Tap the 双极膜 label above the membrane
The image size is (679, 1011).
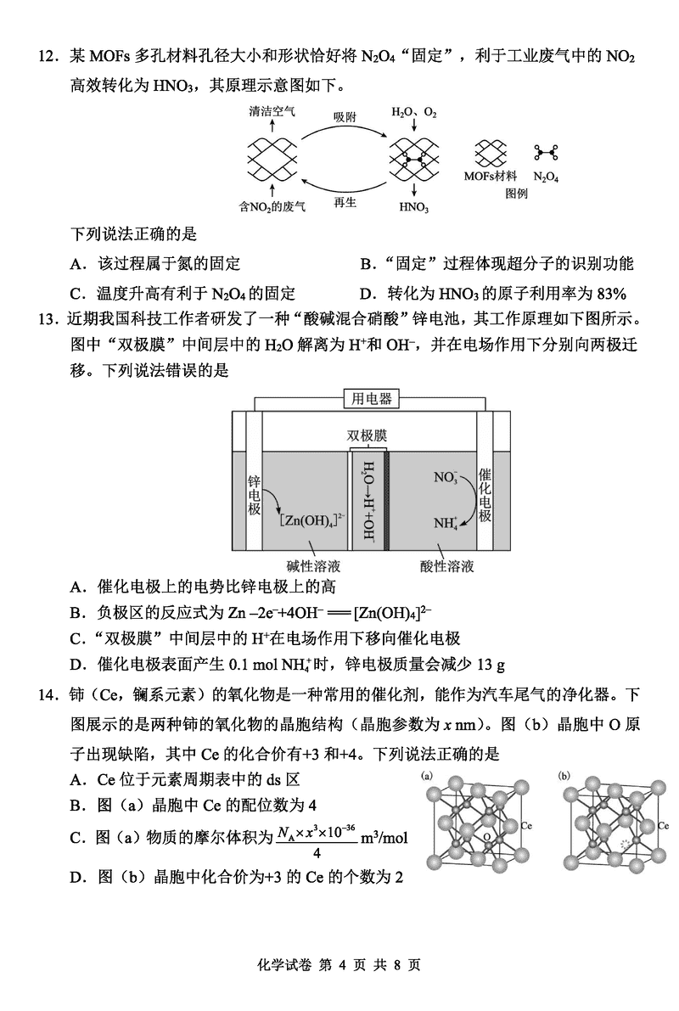pyautogui.click(x=367, y=435)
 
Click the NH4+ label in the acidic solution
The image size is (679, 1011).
pyautogui.click(x=446, y=524)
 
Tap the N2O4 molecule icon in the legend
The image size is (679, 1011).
pyautogui.click(x=546, y=153)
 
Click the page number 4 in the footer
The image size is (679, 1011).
pyautogui.click(x=343, y=965)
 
